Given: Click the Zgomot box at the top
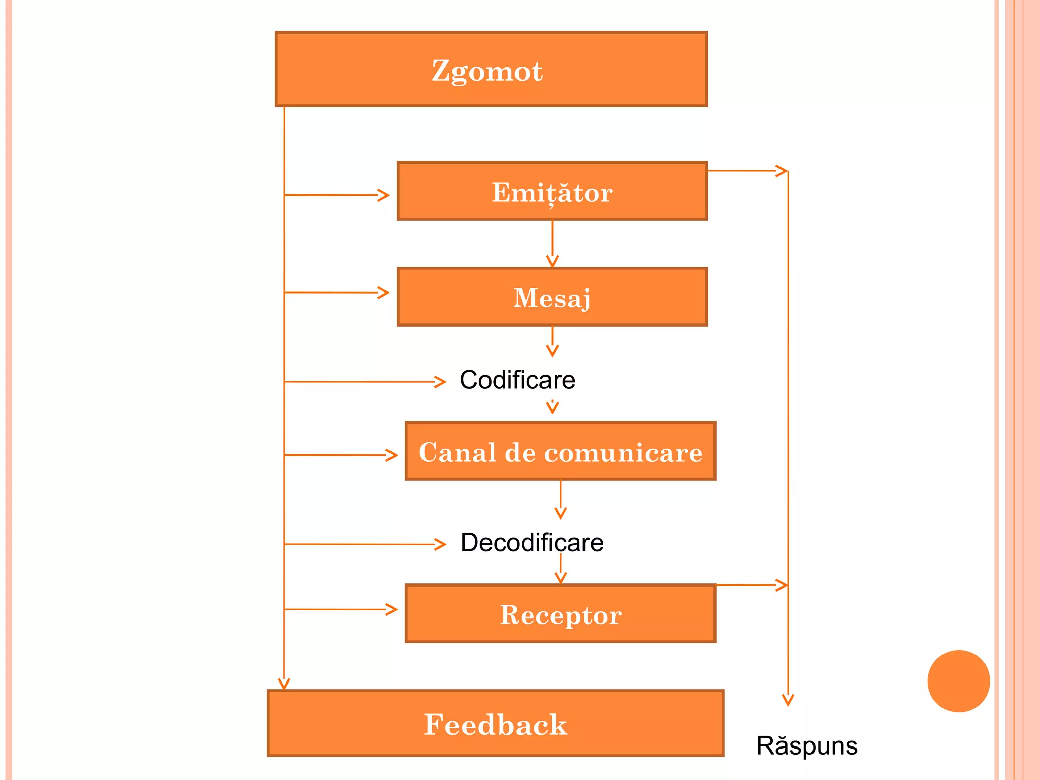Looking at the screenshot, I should (x=491, y=69).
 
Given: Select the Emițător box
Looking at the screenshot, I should (x=552, y=191).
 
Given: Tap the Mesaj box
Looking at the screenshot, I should (x=552, y=297).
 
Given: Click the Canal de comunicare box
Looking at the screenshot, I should (x=560, y=451).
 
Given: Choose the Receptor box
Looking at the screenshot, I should (x=560, y=614).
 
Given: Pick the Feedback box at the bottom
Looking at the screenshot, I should (x=495, y=724).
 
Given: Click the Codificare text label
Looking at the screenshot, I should (x=517, y=380).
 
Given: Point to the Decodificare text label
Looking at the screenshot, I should (x=532, y=543).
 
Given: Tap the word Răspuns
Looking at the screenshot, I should (x=806, y=746).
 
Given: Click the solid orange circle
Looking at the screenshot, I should (x=958, y=681).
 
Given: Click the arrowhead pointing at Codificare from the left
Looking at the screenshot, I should (x=441, y=382).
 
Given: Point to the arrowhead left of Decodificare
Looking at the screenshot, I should (x=441, y=544).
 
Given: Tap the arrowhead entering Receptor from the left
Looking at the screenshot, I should (x=392, y=609).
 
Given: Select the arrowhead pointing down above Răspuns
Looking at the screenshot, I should (x=788, y=701).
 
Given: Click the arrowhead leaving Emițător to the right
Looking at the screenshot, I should (x=782, y=171).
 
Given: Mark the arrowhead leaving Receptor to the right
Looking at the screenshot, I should (x=782, y=585).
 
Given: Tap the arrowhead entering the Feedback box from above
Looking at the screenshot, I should (x=284, y=684).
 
